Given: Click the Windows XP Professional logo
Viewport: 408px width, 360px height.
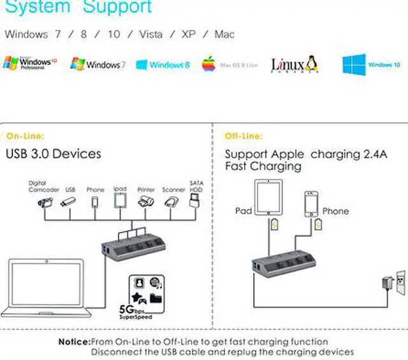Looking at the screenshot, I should click(x=31, y=63).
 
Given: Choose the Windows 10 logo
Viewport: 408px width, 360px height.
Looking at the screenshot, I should click(x=371, y=64).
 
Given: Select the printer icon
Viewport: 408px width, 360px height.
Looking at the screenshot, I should click(x=146, y=202).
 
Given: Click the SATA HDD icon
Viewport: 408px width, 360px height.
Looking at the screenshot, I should click(x=196, y=201).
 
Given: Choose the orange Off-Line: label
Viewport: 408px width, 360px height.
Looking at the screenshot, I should click(x=243, y=136).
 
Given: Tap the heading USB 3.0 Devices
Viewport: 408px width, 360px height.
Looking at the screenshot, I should click(x=54, y=154).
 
